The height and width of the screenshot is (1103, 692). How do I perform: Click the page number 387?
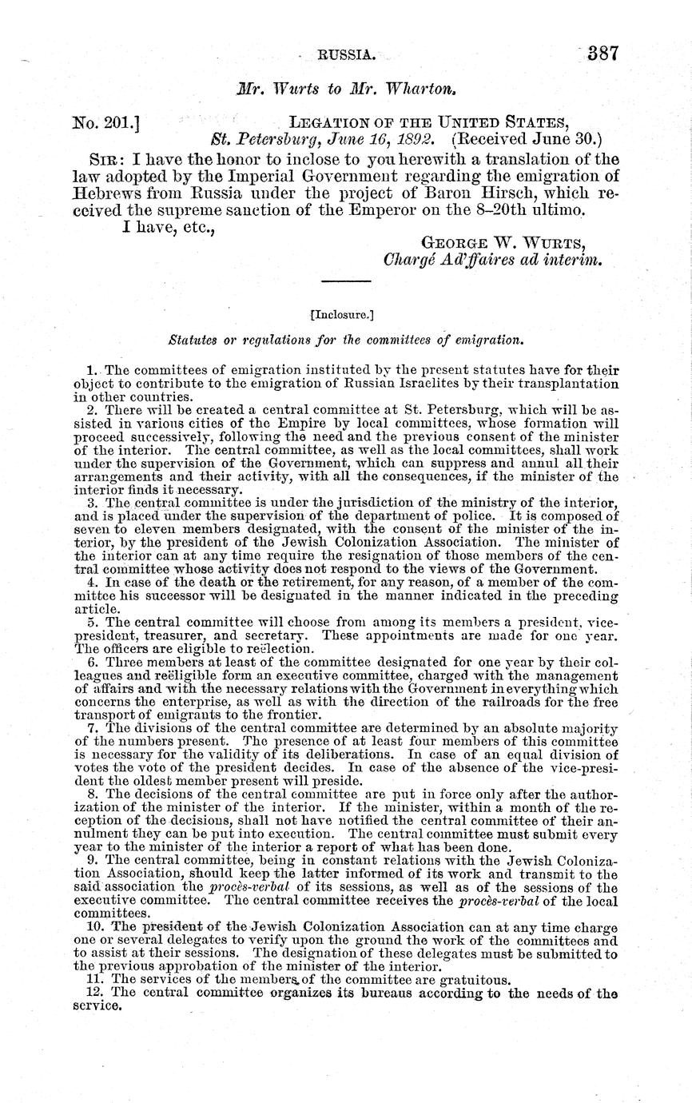[603, 54]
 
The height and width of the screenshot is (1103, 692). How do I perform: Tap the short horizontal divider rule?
[345, 282]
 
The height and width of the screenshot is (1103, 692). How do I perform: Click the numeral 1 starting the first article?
[90, 370]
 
